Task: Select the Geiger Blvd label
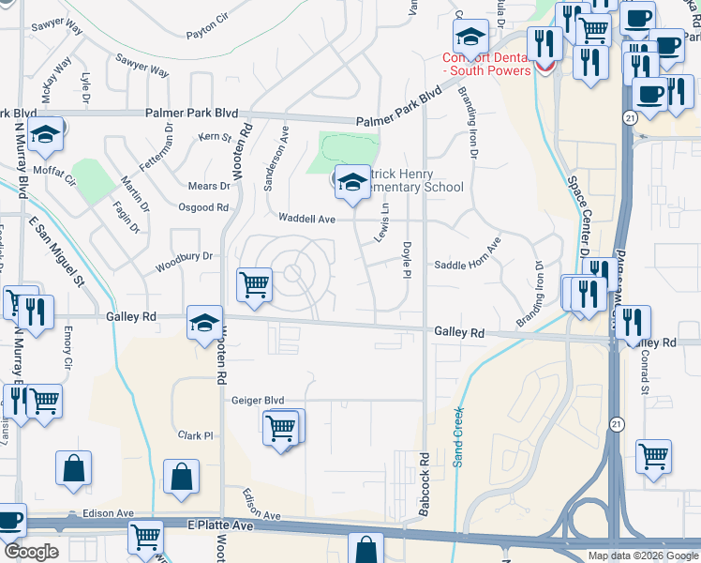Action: pyautogui.click(x=258, y=400)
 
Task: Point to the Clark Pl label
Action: pyautogui.click(x=197, y=435)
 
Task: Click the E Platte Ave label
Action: pyautogui.click(x=221, y=526)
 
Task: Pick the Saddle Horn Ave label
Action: pyautogui.click(x=468, y=266)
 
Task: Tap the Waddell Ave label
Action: pyautogui.click(x=306, y=219)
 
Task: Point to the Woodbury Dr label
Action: pyautogui.click(x=185, y=256)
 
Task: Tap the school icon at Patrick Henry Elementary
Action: pyautogui.click(x=352, y=183)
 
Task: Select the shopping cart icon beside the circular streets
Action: pyautogui.click(x=255, y=284)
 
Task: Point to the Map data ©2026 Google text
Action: pyautogui.click(x=643, y=555)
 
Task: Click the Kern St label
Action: pyautogui.click(x=216, y=138)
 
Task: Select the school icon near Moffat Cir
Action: pyautogui.click(x=45, y=134)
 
